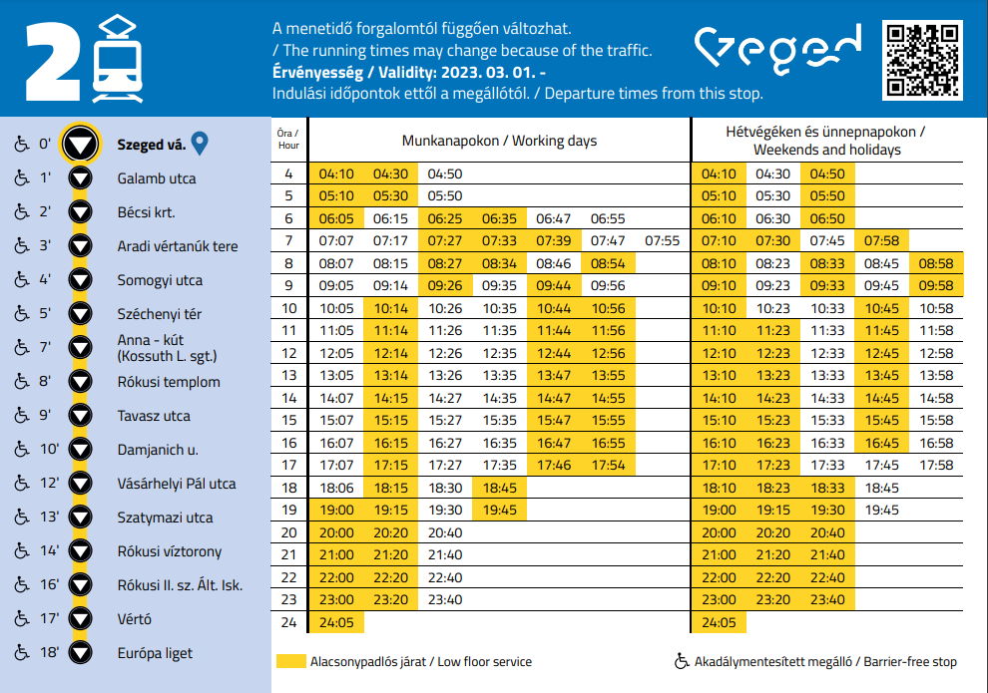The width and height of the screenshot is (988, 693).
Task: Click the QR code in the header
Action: pyautogui.click(x=922, y=60)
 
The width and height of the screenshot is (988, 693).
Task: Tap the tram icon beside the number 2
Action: pyautogui.click(x=117, y=60)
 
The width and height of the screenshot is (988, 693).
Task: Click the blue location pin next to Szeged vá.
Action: pyautogui.click(x=200, y=145)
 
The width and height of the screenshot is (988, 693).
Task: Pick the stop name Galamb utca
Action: pyautogui.click(x=156, y=178)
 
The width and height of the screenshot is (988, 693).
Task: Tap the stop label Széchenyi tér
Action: pyautogui.click(x=159, y=314)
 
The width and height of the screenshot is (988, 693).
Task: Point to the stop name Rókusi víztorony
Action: pyautogui.click(x=169, y=551)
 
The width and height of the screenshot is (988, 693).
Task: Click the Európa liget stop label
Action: pyautogui.click(x=155, y=653)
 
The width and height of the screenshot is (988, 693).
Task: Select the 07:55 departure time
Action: pyautogui.click(x=662, y=241)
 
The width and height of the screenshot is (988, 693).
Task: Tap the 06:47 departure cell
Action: pyautogui.click(x=553, y=218)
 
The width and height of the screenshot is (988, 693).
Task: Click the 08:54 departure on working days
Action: pyautogui.click(x=608, y=264)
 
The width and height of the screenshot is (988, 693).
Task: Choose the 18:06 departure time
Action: pyautogui.click(x=336, y=489)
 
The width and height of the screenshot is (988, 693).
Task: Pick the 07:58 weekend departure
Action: pyautogui.click(x=882, y=241)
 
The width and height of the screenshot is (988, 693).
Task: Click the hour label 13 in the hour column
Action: pyautogui.click(x=289, y=375)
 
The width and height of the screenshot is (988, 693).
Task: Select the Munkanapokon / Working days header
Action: pyautogui.click(x=499, y=141)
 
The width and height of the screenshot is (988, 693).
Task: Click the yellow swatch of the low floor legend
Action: pyautogui.click(x=290, y=661)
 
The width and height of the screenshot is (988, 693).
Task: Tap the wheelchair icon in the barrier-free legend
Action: pyautogui.click(x=682, y=661)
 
